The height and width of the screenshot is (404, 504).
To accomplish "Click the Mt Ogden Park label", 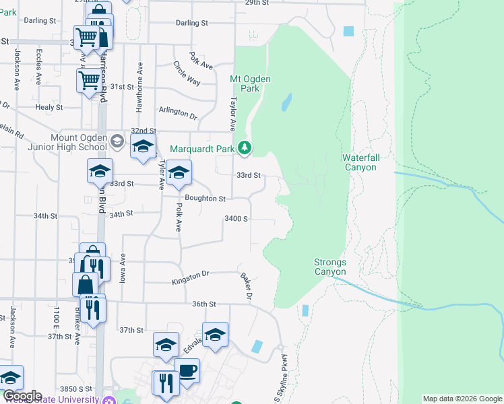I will (250, 83).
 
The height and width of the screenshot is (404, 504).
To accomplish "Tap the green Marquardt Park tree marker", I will (245, 147).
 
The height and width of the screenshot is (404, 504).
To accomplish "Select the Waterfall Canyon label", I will (361, 162).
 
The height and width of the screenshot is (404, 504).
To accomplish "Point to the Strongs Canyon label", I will (330, 267).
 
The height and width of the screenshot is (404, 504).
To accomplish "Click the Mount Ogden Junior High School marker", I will (117, 140).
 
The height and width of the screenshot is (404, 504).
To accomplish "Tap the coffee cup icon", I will (187, 370).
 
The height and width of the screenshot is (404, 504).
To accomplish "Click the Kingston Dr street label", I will (191, 276).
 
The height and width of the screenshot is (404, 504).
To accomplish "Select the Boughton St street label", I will (205, 199).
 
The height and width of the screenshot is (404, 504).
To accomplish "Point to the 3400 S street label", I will (237, 219).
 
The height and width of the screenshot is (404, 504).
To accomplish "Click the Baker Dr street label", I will (246, 287).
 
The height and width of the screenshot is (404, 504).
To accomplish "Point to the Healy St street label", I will (49, 107).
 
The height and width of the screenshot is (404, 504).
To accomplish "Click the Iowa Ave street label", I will (123, 267).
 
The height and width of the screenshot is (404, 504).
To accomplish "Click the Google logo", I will (22, 396).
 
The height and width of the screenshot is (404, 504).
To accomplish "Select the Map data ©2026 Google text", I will (462, 399).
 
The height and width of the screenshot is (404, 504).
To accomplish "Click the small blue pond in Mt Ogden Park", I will (286, 102).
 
